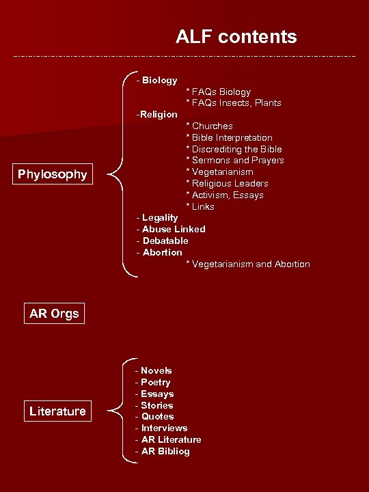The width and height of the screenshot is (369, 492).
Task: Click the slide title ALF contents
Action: click(x=236, y=36)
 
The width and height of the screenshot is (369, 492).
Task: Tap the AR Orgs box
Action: click(x=54, y=314)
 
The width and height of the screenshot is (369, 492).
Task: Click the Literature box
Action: click(x=57, y=411)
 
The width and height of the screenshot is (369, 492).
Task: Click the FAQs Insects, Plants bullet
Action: click(x=234, y=103)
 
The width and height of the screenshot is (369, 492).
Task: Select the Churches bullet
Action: click(x=209, y=126)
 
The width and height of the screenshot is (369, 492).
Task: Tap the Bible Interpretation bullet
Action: click(x=229, y=137)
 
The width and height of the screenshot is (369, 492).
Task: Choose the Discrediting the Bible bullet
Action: click(x=234, y=149)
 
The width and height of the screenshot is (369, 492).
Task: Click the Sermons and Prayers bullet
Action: click(x=235, y=161)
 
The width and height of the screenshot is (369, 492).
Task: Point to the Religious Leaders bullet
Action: click(x=227, y=183)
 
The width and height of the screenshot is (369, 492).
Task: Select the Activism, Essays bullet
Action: click(x=225, y=195)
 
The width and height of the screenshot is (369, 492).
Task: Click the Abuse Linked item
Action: click(x=171, y=229)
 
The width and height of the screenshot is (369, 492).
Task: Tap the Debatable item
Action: click(x=163, y=241)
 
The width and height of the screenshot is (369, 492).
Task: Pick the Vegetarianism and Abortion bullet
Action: click(x=248, y=264)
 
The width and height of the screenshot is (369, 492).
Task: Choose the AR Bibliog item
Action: click(x=163, y=451)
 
